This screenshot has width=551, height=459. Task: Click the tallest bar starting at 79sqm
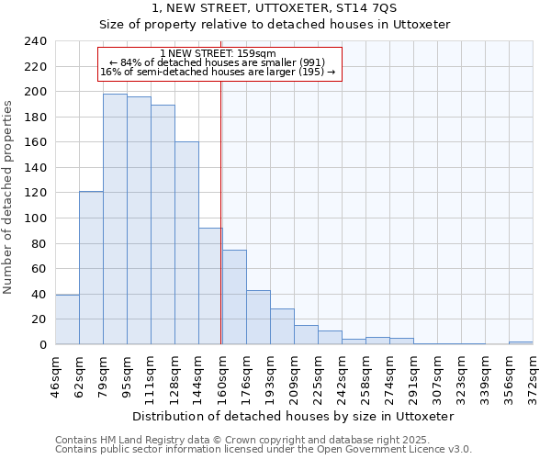point(115,219)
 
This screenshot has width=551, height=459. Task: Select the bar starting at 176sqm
point(258,318)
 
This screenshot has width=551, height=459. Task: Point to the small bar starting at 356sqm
point(521,342)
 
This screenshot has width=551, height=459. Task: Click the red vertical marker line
point(221,211)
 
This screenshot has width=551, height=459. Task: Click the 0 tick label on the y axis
point(42,345)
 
